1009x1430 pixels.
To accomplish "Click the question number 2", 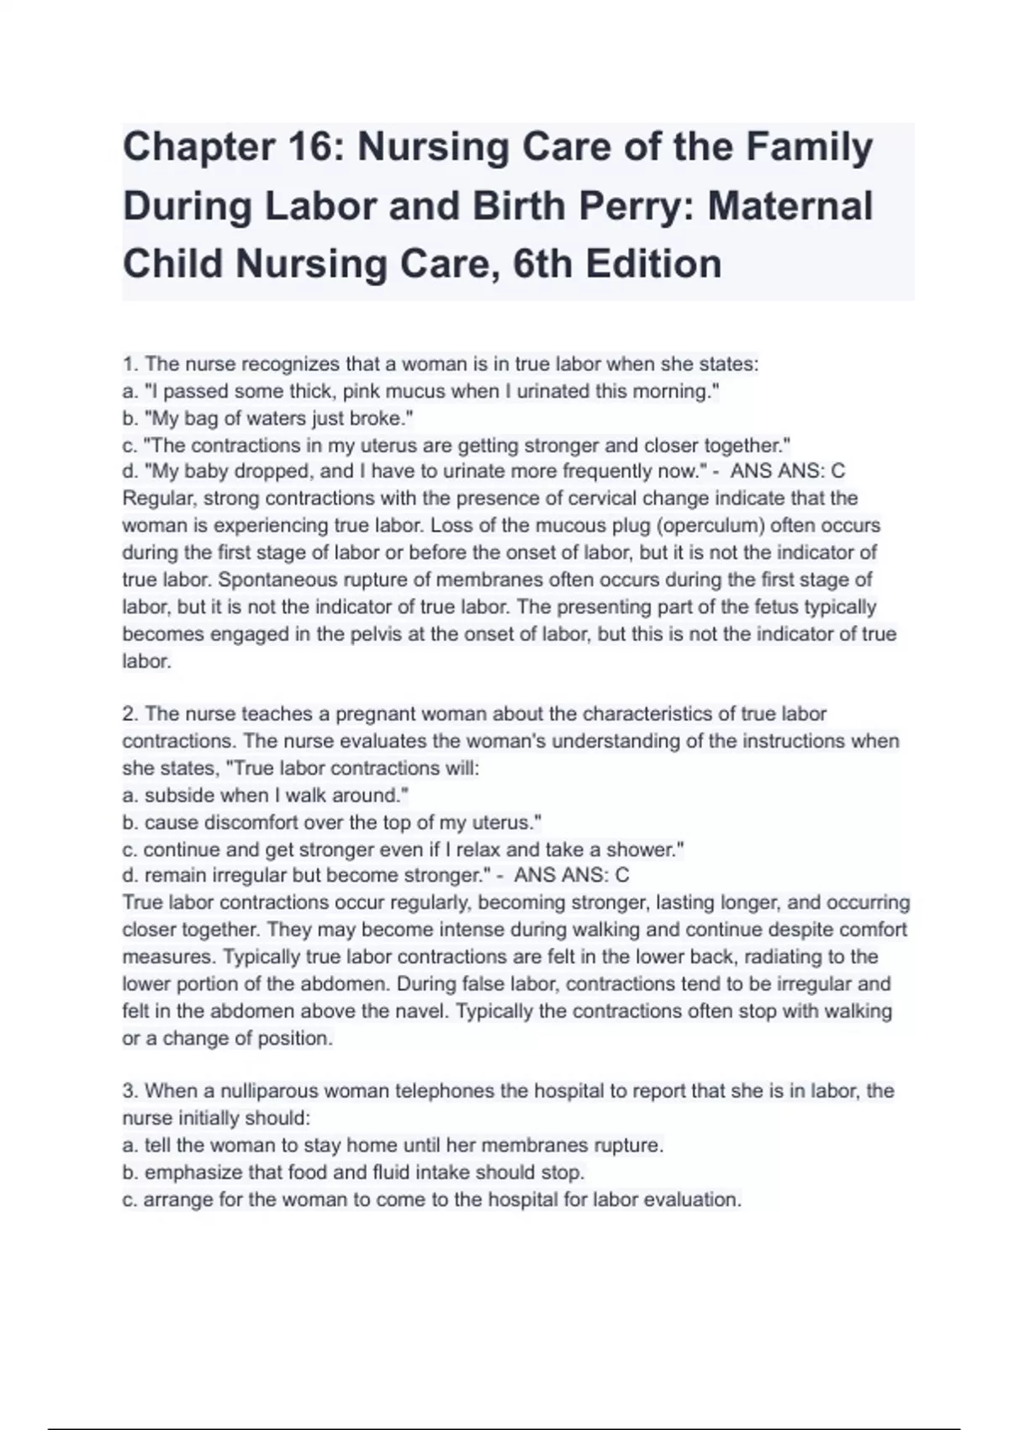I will [x=129, y=714].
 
